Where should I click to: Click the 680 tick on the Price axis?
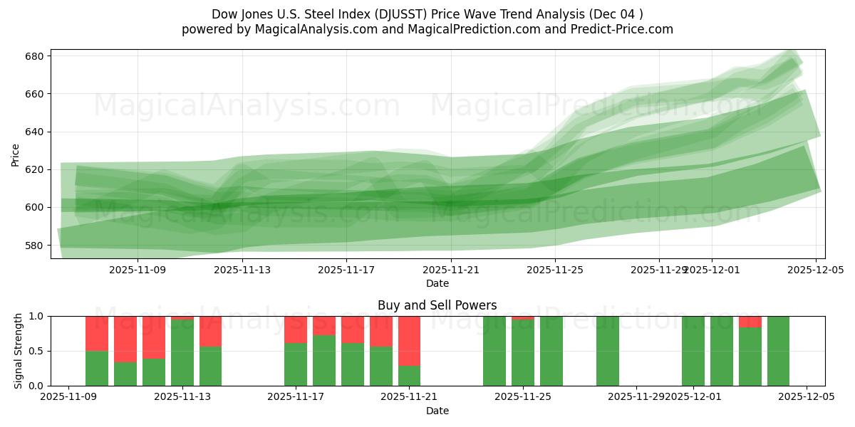[36, 56]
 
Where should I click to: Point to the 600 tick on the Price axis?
[36, 207]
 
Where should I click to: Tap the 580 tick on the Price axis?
[36, 245]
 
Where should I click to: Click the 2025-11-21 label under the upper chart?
[451, 270]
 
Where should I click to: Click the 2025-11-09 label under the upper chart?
[138, 270]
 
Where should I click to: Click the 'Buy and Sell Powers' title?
[437, 306]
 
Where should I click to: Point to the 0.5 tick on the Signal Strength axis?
[37, 351]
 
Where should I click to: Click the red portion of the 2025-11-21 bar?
[409, 340]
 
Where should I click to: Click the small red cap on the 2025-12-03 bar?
[750, 322]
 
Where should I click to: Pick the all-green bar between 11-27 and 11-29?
[608, 351]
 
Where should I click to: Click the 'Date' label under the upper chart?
[437, 283]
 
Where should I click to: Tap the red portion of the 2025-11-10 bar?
[97, 333]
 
